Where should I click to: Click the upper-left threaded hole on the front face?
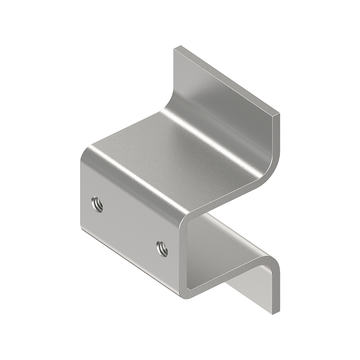click(x=96, y=205)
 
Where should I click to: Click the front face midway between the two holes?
click(x=129, y=226)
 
